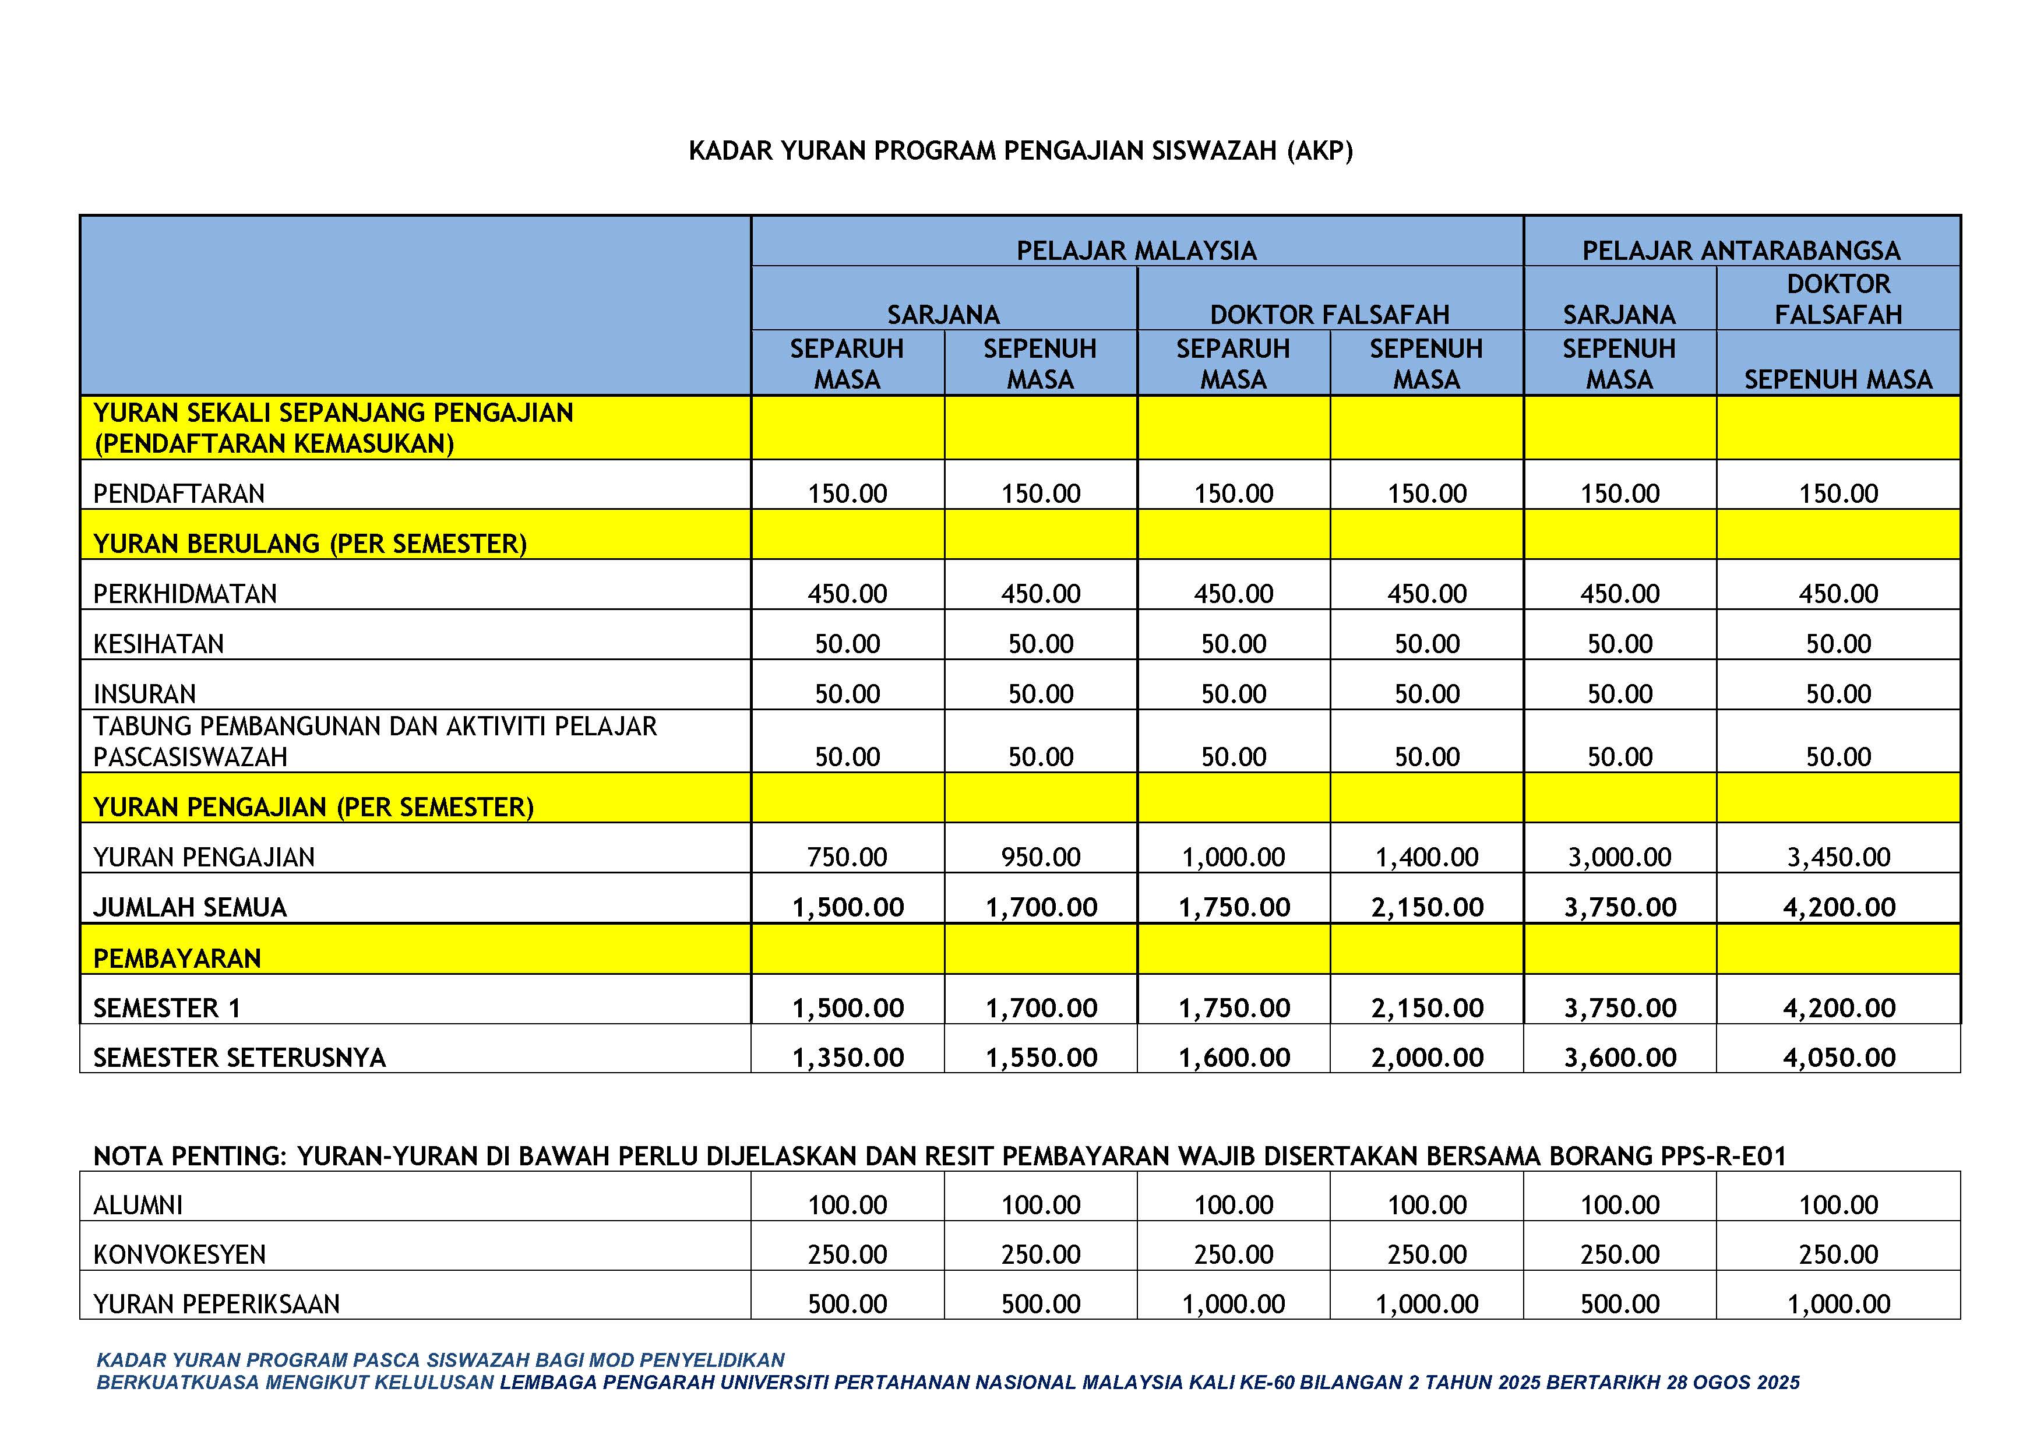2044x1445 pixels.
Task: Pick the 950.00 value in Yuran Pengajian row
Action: [x=1040, y=857]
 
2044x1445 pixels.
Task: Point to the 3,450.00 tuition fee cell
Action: [x=1838, y=857]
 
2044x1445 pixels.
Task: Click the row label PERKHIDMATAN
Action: [x=185, y=594]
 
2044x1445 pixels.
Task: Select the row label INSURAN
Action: [x=145, y=693]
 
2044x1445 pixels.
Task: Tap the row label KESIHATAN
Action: [x=158, y=644]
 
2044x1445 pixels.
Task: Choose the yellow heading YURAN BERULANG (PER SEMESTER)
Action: [x=310, y=544]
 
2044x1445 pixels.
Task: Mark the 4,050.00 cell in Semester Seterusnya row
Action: [x=1838, y=1058]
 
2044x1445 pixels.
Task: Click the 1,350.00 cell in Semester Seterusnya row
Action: [x=848, y=1058]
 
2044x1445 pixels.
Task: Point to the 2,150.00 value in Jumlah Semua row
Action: [x=1426, y=907]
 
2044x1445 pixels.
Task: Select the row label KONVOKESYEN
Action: [x=180, y=1254]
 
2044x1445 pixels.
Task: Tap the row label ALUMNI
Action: [x=138, y=1206]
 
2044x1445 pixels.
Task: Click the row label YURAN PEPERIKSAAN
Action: [x=216, y=1305]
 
